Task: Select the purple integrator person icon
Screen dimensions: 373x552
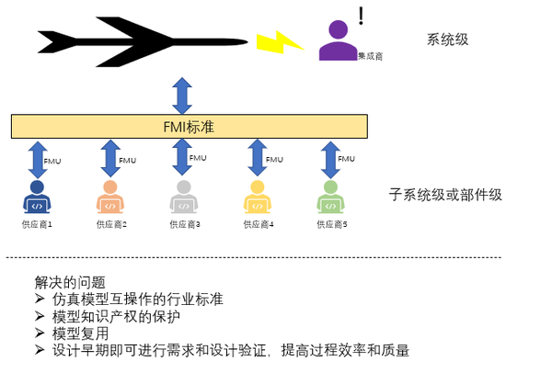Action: [x=338, y=41]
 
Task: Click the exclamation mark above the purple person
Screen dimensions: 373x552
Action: [x=362, y=15]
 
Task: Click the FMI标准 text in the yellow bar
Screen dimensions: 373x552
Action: [x=188, y=125]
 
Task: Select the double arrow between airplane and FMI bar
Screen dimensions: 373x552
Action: [x=182, y=95]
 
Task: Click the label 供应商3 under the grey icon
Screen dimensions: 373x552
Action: [x=185, y=223]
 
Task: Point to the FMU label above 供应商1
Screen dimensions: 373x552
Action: [x=53, y=160]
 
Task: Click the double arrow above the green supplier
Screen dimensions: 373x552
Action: [x=328, y=158]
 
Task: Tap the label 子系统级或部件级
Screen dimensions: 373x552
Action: [x=445, y=195]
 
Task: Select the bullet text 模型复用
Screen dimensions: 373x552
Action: [x=82, y=333]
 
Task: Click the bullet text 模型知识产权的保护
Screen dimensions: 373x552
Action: [x=115, y=316]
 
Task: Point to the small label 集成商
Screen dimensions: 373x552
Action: [x=370, y=56]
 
